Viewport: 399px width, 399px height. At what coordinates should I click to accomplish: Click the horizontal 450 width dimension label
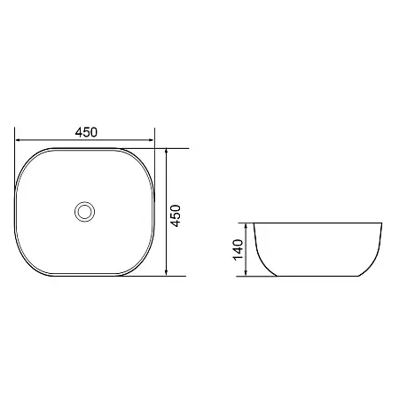tap(86, 132)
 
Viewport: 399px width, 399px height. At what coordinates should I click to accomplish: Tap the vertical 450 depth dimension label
tap(176, 215)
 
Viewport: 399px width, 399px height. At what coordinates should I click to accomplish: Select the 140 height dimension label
tap(238, 250)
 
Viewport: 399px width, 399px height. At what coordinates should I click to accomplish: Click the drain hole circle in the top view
tap(84, 212)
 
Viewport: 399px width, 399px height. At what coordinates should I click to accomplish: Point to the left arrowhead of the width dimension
tap(18, 140)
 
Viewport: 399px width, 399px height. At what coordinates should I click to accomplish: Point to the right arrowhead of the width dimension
tap(152, 140)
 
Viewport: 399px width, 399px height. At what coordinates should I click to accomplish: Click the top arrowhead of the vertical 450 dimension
tap(167, 151)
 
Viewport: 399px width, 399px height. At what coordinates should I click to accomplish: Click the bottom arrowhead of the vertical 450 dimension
tap(167, 273)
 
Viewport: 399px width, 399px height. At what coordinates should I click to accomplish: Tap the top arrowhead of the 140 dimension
tap(246, 226)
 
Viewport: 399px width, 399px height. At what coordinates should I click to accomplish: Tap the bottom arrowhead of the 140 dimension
tap(246, 273)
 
